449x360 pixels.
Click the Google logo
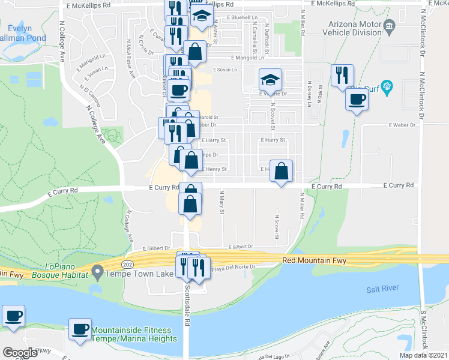pyautogui.click(x=20, y=353)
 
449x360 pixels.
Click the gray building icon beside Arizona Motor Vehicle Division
pyautogui.click(x=389, y=26)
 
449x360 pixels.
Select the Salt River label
pyautogui.click(x=382, y=289)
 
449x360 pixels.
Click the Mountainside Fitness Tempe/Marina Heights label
pyautogui.click(x=134, y=334)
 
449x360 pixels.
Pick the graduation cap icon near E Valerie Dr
pyautogui.click(x=270, y=79)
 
